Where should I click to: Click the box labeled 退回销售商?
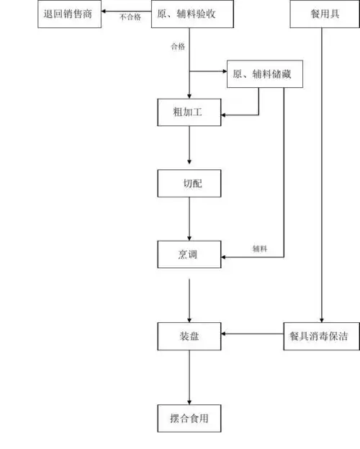click(x=68, y=14)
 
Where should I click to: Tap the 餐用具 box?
click(x=323, y=14)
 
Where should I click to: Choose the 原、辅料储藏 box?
click(x=258, y=73)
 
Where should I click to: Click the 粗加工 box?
click(x=189, y=112)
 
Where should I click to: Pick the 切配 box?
click(x=189, y=183)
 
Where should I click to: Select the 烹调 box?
click(x=189, y=254)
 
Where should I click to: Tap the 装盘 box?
click(x=189, y=335)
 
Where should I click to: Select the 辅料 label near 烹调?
click(x=260, y=249)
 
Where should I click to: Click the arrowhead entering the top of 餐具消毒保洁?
click(x=323, y=317)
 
